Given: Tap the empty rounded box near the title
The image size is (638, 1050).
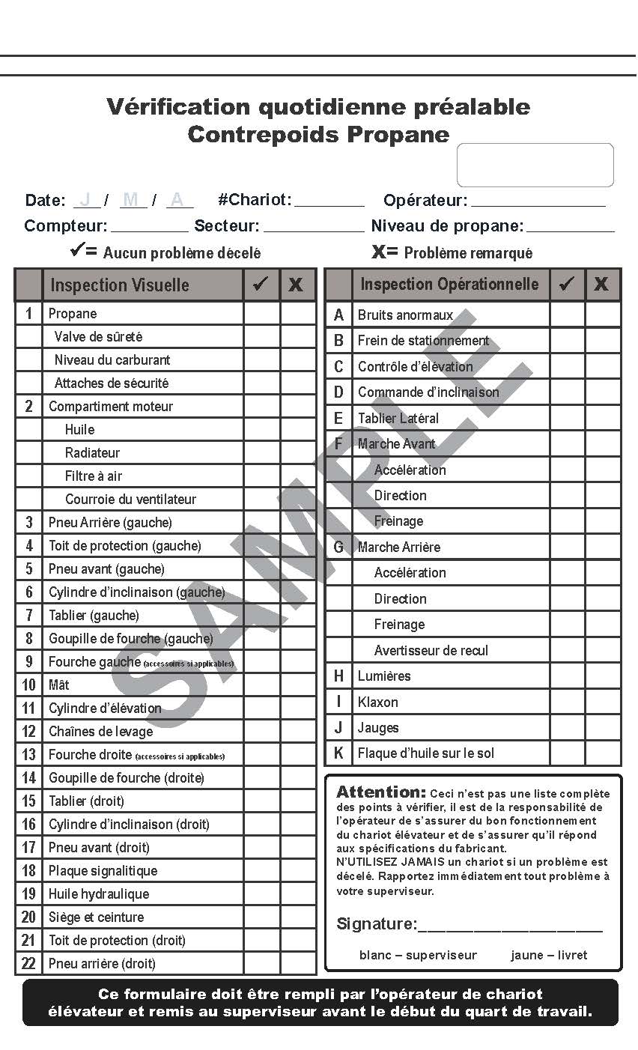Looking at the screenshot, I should [535, 165].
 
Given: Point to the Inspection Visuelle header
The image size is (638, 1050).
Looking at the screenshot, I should [120, 285].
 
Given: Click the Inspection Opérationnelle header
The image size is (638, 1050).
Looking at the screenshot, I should [449, 285].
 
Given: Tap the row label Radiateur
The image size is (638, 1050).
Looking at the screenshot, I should [92, 453].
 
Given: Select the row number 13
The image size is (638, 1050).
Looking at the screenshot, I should [28, 755].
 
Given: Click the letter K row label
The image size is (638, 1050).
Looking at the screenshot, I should [338, 753].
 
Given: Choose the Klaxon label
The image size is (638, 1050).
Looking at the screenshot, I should [378, 702].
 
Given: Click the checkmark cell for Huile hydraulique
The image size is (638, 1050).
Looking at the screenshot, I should [261, 894].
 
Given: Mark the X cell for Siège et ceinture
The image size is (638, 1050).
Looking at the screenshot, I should [298, 917].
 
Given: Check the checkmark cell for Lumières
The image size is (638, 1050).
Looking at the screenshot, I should [567, 676].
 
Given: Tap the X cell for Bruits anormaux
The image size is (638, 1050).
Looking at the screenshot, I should [603, 315].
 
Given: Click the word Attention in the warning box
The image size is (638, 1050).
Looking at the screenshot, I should [380, 792].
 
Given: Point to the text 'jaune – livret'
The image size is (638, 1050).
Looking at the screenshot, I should [549, 956].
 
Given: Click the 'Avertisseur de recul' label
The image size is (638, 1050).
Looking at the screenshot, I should [431, 651].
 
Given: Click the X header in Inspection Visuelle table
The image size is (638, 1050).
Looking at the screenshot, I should [297, 285].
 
